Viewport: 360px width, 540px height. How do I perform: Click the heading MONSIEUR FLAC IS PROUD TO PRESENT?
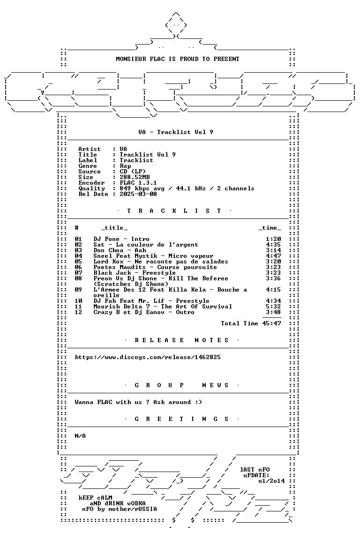pyautogui.click(x=177, y=59)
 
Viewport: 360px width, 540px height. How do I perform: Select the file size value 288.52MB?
pyautogui.click(x=135, y=177)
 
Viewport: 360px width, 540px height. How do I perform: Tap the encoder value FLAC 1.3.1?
pyautogui.click(x=138, y=183)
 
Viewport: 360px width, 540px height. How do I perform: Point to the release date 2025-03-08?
pyautogui.click(x=138, y=194)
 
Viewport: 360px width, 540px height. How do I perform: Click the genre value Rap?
pyautogui.click(x=126, y=166)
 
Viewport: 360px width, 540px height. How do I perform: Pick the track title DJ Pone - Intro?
pyautogui.click(x=121, y=239)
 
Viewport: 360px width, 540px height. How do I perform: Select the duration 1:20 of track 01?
pyautogui.click(x=274, y=239)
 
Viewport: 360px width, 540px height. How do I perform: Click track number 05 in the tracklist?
pyautogui.click(x=78, y=262)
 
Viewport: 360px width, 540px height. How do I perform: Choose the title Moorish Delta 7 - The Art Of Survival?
pyautogui.click(x=163, y=307)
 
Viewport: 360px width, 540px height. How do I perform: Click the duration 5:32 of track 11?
pyautogui.click(x=274, y=307)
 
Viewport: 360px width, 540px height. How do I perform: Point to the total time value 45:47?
pyautogui.click(x=271, y=323)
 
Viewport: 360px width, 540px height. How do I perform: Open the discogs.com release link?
pyautogui.click(x=148, y=357)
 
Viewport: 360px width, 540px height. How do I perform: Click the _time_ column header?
pyautogui.click(x=270, y=228)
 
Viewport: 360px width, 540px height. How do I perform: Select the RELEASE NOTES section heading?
pyautogui.click(x=181, y=340)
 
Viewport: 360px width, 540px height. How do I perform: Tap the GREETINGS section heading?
pyautogui.click(x=181, y=419)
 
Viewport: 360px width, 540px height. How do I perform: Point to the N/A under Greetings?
pyautogui.click(x=80, y=436)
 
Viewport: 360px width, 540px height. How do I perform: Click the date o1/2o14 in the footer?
pyautogui.click(x=271, y=481)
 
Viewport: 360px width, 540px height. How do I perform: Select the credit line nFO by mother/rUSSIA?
pyautogui.click(x=119, y=509)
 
